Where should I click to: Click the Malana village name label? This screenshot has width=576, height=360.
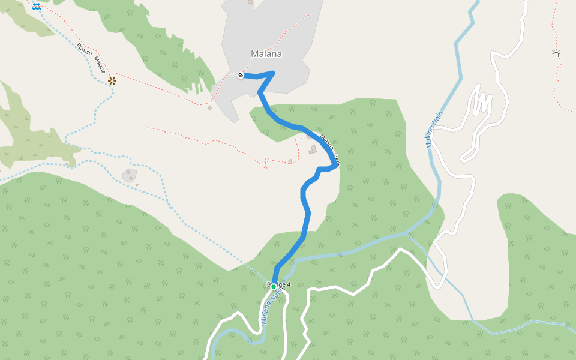[x=266, y=54]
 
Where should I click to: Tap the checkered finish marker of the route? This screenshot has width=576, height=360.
[x=241, y=76]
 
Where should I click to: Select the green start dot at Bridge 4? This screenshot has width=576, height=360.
[x=274, y=287]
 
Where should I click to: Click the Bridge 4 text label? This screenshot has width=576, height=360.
[x=278, y=284]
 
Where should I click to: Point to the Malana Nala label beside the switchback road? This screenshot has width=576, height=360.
[x=434, y=130]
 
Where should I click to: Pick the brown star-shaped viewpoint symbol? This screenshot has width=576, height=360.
[x=112, y=80]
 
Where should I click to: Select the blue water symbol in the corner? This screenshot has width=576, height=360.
[x=37, y=5]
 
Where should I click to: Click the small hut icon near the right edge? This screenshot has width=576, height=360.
[x=556, y=53]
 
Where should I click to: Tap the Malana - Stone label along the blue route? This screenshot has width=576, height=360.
[x=329, y=150]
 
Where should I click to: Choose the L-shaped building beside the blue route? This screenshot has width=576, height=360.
[x=313, y=149]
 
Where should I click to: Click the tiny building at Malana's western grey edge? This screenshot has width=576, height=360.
[x=210, y=108]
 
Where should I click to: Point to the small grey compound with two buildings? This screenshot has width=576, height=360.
[x=129, y=175]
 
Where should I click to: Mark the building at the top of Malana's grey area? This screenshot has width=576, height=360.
[x=250, y=2]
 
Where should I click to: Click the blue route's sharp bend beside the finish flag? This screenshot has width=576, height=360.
[x=273, y=73]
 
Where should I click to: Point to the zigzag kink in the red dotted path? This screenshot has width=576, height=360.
[x=265, y=160]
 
